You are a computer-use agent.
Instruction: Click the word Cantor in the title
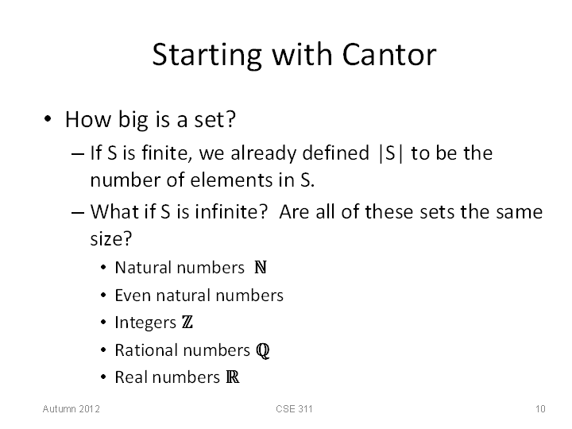[388, 54]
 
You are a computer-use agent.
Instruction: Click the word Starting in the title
[207, 56]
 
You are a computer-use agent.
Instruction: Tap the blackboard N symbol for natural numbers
[261, 268]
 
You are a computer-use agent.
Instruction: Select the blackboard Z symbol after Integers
[187, 322]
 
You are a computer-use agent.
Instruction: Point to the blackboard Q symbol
[263, 350]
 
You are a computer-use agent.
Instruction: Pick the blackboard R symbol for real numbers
[232, 377]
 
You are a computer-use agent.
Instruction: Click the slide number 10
[540, 409]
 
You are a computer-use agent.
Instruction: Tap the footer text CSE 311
[294, 409]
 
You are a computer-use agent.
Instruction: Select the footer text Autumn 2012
[71, 409]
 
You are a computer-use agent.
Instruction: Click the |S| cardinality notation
[391, 153]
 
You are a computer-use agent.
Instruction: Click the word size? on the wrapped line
[111, 239]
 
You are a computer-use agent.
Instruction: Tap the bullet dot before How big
[48, 119]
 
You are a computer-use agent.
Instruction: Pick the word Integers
[145, 323]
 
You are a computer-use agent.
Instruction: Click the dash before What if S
[78, 213]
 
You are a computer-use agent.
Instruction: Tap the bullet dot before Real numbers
[103, 377]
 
